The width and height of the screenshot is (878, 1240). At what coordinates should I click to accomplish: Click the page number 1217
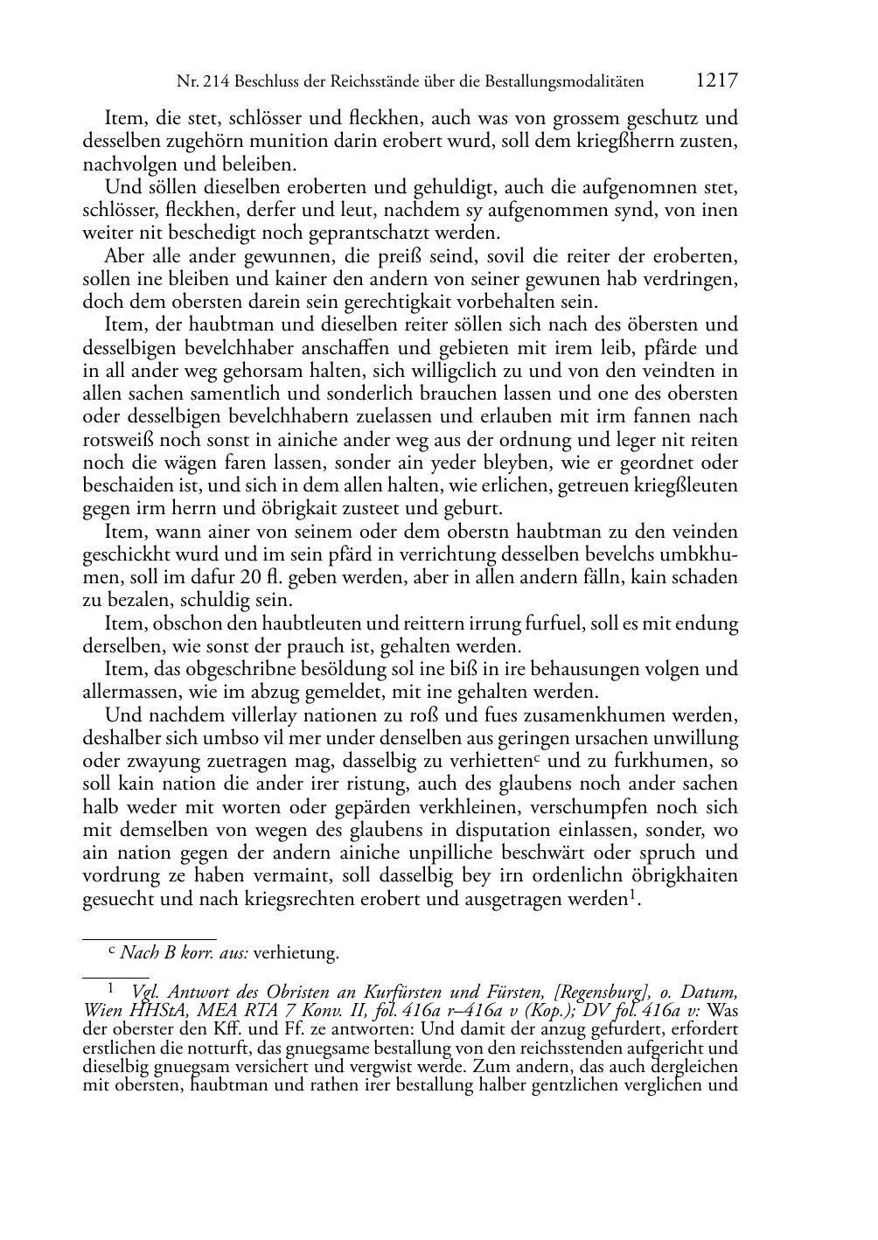[x=717, y=81]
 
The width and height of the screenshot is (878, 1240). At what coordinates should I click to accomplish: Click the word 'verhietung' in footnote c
[x=295, y=952]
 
